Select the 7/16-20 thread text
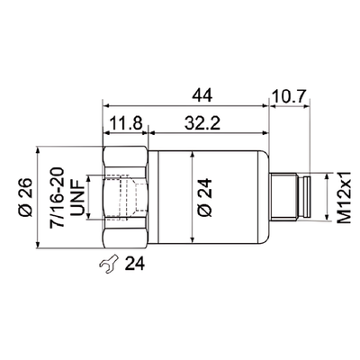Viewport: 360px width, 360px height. coord(59,193)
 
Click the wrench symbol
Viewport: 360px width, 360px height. coord(107,264)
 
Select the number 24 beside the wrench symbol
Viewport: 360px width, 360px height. coord(134,264)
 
